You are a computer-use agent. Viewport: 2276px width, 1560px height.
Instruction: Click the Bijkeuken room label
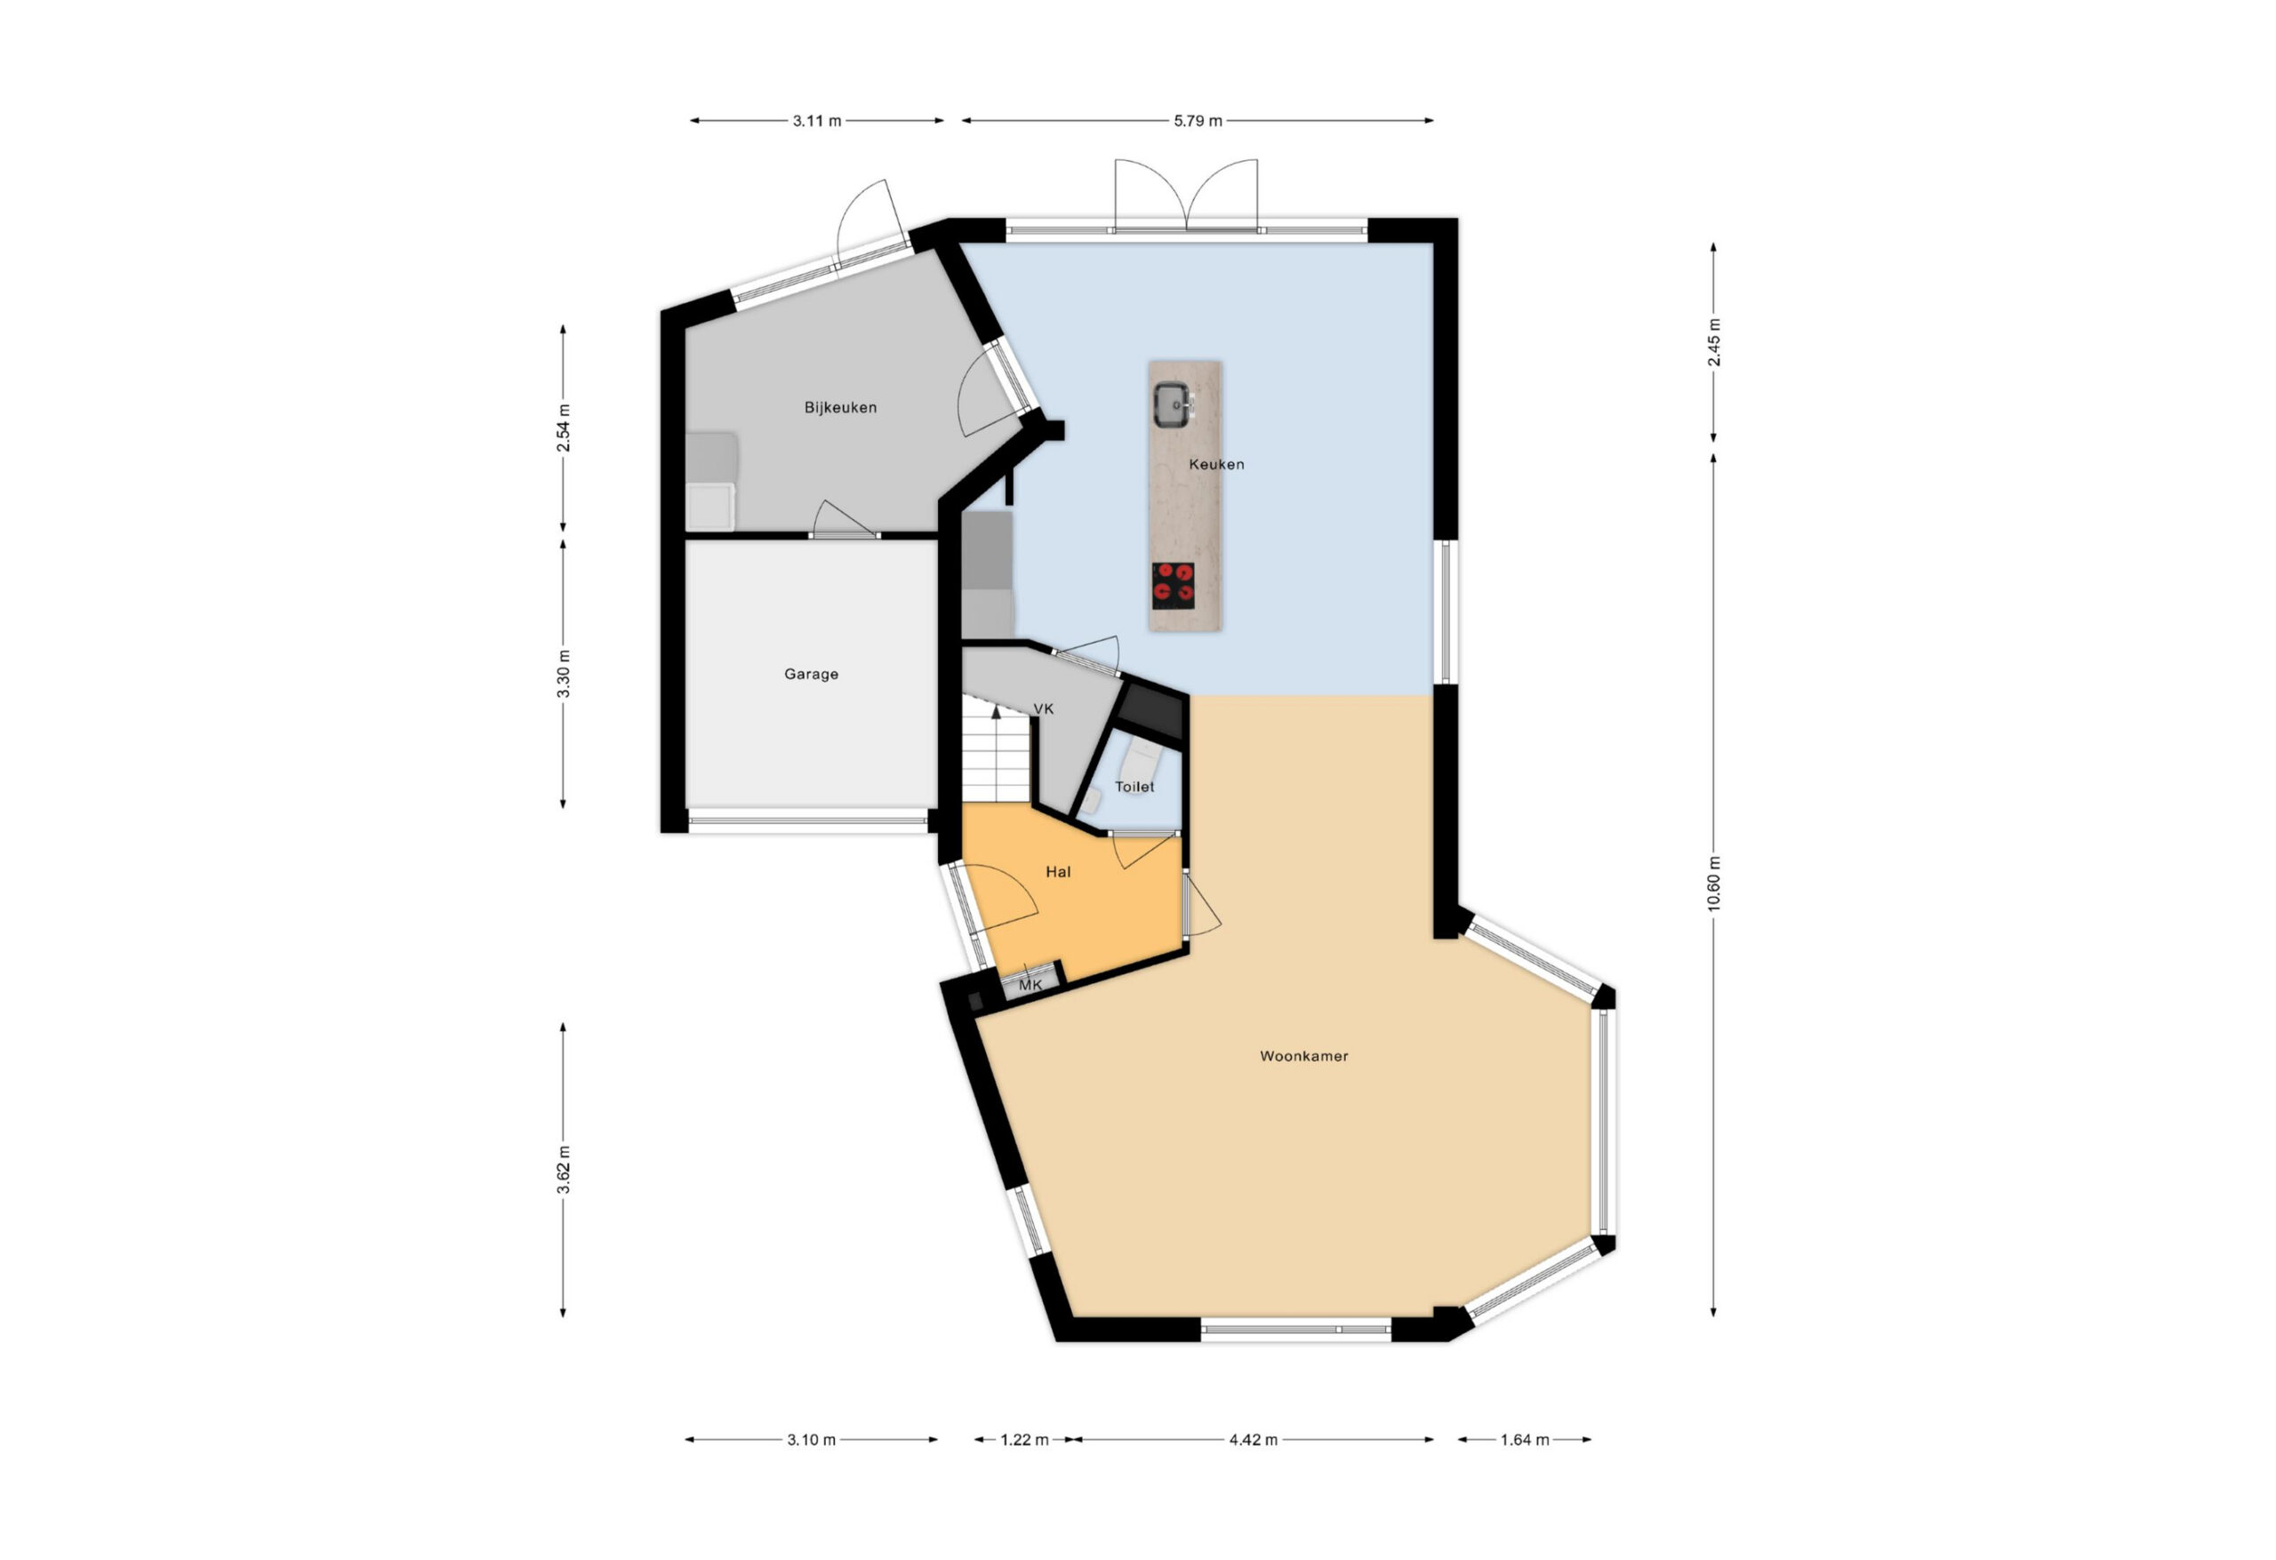(x=840, y=407)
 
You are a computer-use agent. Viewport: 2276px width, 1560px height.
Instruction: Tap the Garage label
(x=811, y=674)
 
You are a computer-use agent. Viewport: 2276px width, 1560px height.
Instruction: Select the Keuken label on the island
(x=1216, y=464)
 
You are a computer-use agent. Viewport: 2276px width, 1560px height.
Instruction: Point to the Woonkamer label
(x=1303, y=1056)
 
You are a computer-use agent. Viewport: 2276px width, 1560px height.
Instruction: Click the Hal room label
(x=1058, y=872)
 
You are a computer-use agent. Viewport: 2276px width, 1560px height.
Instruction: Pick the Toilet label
(x=1134, y=787)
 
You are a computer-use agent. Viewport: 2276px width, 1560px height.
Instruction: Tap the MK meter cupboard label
(x=1030, y=985)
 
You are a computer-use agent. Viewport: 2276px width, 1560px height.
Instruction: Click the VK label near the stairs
(x=1043, y=708)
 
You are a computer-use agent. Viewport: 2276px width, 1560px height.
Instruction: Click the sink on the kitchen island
(x=1173, y=404)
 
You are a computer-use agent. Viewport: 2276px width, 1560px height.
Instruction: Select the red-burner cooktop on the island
(x=1174, y=585)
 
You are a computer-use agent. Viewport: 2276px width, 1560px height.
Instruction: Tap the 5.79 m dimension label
(x=1198, y=122)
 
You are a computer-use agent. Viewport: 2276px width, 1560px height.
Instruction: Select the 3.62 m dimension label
(x=563, y=1171)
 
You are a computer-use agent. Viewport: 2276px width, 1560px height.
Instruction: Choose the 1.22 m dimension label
(x=1023, y=1439)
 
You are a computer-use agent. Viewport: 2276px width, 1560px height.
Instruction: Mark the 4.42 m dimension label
(x=1254, y=1439)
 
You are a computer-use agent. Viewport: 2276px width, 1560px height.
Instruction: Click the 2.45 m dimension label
(x=1713, y=343)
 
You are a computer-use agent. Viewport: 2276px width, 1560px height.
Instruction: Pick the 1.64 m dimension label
(x=1525, y=1439)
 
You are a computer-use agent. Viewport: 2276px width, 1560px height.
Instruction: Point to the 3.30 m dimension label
(x=563, y=674)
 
